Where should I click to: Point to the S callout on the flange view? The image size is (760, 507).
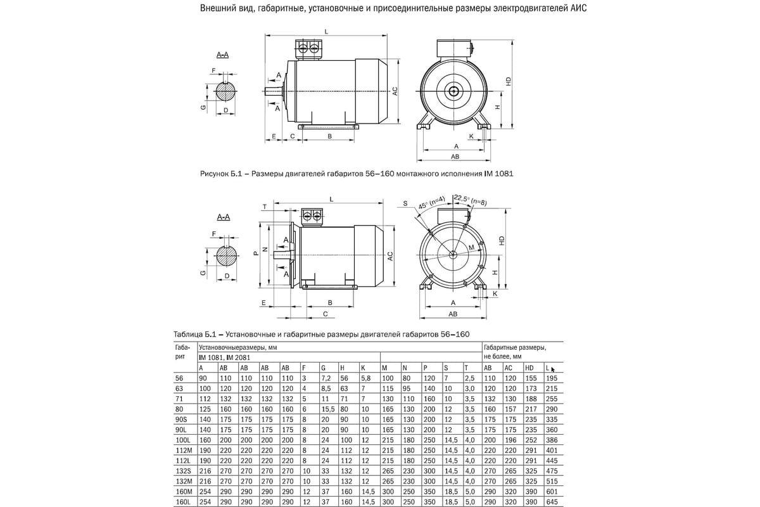405,204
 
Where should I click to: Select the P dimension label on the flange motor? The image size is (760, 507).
255,252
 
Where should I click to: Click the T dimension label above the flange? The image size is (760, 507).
264,207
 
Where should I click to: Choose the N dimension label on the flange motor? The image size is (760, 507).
265,248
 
